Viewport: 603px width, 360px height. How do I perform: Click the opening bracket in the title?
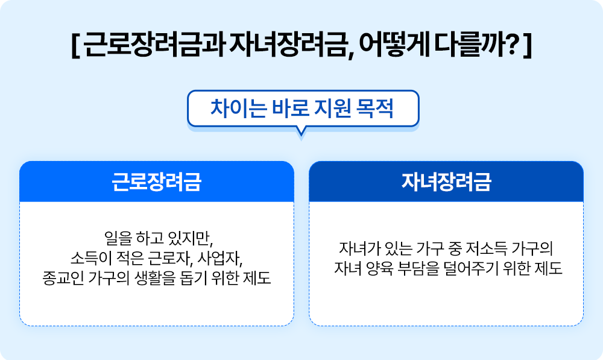74,46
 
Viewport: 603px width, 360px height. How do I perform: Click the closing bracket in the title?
528,46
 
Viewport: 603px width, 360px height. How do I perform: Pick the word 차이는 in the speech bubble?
233,109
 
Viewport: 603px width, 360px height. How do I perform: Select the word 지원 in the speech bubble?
329,109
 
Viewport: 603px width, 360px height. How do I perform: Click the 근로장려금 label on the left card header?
156,182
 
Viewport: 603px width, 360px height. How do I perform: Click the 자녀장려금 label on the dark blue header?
446,182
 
